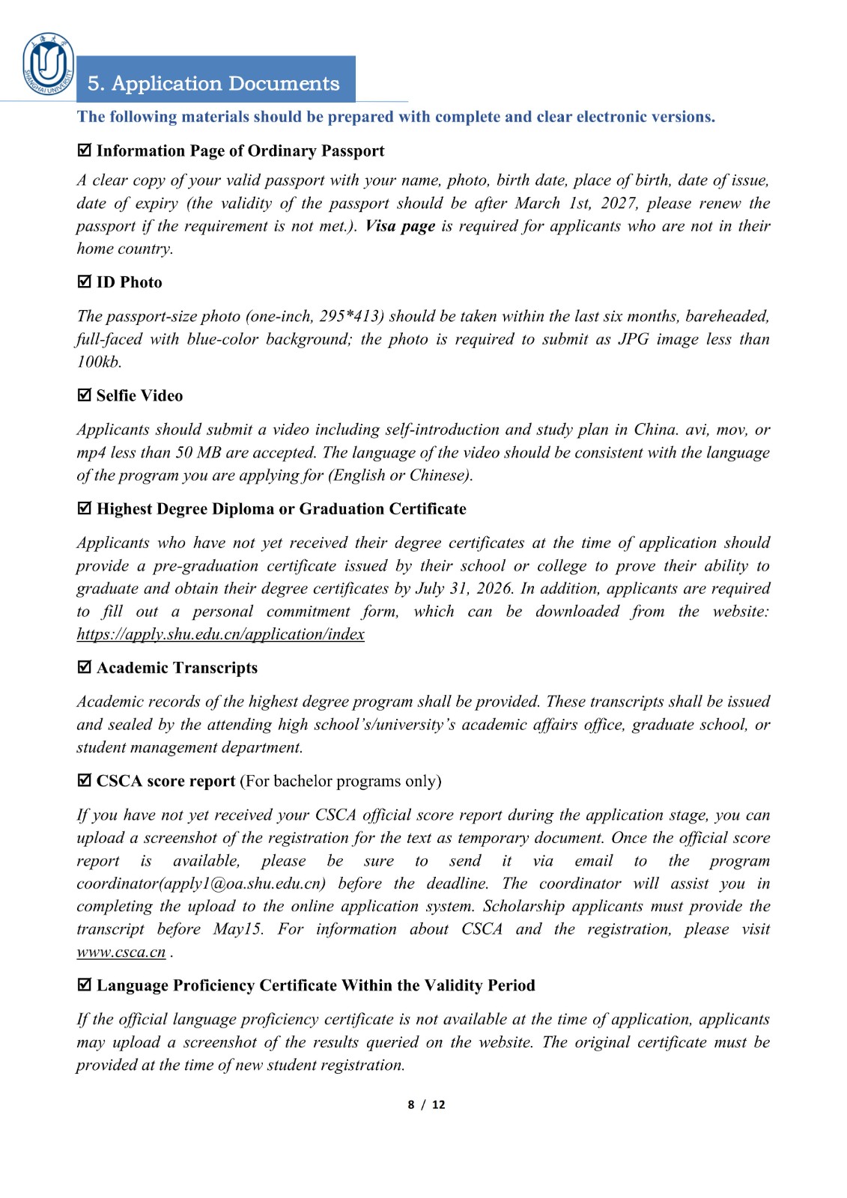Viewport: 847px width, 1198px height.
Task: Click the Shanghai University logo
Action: pos(48,64)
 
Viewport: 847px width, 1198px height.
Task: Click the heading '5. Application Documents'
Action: pos(213,83)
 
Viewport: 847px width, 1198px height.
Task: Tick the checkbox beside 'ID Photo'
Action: pos(85,282)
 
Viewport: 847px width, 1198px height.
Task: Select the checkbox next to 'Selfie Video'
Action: pos(85,395)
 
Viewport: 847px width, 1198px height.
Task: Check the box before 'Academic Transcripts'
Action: pos(85,666)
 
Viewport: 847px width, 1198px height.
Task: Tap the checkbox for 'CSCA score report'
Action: pos(85,780)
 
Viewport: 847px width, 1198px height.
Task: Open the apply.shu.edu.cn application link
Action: pos(220,634)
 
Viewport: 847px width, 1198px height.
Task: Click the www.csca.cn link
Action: pos(121,952)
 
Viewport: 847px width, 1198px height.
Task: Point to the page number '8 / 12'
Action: pos(426,1104)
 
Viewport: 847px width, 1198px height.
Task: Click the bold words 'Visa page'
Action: pos(400,226)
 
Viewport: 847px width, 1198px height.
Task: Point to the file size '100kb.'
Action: pos(99,362)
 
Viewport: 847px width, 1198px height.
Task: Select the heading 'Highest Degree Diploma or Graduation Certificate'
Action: pos(281,509)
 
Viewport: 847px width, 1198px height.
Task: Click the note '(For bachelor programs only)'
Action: pos(340,781)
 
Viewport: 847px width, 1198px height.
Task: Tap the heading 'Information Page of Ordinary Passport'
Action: pos(240,151)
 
